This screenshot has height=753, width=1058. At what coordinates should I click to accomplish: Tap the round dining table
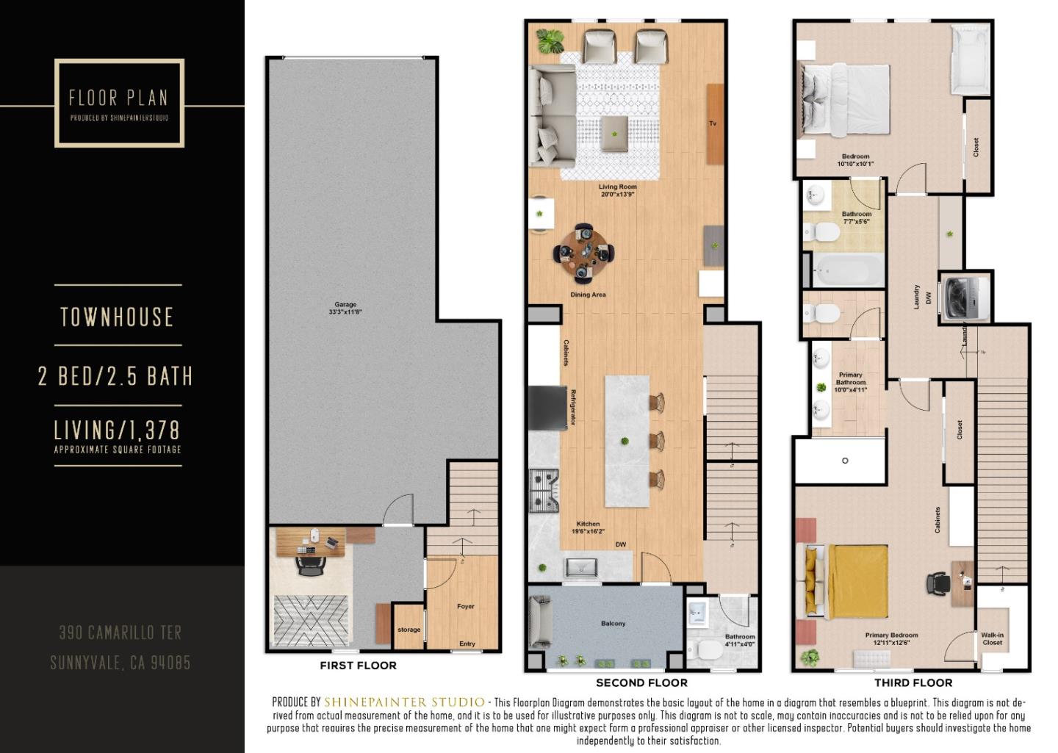point(584,252)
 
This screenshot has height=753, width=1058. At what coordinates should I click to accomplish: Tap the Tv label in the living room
point(713,123)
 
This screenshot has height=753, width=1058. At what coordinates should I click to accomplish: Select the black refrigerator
point(548,406)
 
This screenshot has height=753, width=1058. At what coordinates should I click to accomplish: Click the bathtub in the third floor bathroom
point(848,270)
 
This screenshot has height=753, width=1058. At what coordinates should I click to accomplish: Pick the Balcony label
point(613,624)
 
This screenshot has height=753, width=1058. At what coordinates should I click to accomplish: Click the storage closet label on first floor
point(409,630)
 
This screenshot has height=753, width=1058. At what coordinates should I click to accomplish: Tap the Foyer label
point(466,607)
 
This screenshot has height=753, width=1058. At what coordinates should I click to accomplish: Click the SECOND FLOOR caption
point(641,683)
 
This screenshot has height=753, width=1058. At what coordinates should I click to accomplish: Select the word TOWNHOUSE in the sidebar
point(118,317)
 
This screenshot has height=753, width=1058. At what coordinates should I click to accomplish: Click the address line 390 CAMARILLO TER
point(120,633)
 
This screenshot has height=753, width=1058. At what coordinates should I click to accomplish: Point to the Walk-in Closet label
point(993,638)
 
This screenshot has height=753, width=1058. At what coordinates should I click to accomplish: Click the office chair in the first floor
point(312,565)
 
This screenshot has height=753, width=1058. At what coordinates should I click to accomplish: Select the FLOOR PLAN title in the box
point(118,98)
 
